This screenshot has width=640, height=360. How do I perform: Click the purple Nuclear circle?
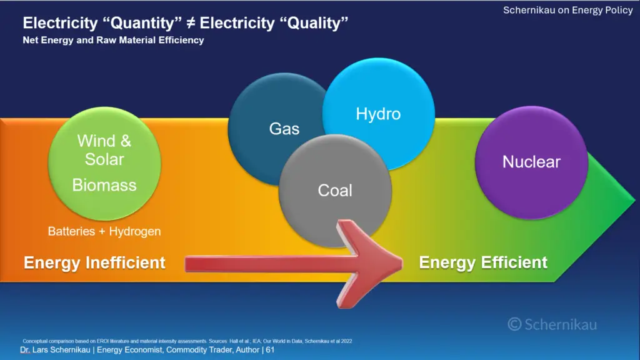(x=531, y=162)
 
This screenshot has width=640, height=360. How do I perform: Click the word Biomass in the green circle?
(x=104, y=185)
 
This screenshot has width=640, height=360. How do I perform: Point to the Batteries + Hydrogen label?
(x=104, y=231)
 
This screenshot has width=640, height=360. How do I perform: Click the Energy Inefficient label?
(x=94, y=262)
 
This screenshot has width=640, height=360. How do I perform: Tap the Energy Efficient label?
(x=483, y=262)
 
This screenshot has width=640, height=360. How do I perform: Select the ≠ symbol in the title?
(x=190, y=23)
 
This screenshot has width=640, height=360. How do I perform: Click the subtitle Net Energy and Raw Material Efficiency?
(x=114, y=40)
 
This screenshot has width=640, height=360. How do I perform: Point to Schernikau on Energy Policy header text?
(x=567, y=10)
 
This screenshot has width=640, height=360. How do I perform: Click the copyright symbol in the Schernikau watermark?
(x=515, y=324)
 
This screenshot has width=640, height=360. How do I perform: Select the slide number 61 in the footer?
(x=270, y=350)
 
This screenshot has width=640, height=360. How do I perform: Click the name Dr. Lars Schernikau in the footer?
(x=55, y=350)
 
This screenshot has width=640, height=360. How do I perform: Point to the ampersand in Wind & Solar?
(x=126, y=141)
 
